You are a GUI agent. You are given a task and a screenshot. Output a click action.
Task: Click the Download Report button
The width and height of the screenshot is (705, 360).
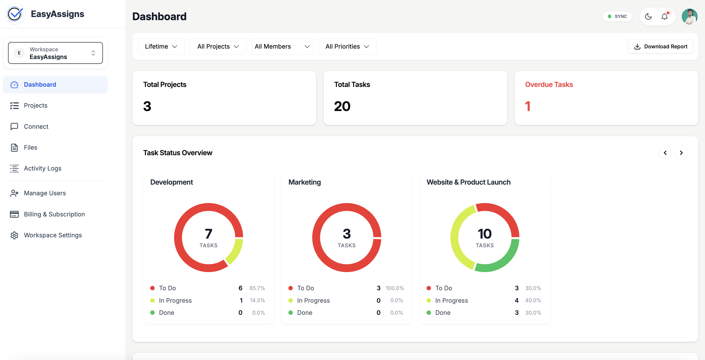tap(660, 47)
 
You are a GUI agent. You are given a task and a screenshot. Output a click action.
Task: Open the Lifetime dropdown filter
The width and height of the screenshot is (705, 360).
tap(161, 47)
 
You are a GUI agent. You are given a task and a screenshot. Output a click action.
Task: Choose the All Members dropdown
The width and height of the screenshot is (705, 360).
tap(282, 47)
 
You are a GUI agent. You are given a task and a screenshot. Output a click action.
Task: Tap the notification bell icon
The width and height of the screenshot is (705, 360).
tap(664, 17)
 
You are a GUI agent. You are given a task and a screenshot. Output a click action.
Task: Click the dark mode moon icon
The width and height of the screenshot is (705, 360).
tap(648, 17)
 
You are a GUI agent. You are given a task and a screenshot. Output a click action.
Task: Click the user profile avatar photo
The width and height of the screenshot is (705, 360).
tap(689, 17)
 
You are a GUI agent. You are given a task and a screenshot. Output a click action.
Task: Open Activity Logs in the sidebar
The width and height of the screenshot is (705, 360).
tap(42, 168)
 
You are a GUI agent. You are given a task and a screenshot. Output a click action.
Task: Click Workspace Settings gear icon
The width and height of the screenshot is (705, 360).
tap(14, 235)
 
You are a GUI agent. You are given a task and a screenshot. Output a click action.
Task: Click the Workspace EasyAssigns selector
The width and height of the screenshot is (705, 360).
tap(55, 53)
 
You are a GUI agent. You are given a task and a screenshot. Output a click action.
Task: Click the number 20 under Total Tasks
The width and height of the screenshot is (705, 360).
tap(342, 106)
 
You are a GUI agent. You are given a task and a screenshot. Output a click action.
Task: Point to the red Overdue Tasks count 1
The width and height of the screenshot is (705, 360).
tap(528, 106)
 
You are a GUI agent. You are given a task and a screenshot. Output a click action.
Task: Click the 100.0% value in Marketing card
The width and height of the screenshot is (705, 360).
tap(395, 288)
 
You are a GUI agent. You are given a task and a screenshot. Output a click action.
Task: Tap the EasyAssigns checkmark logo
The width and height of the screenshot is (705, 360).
tap(15, 14)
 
